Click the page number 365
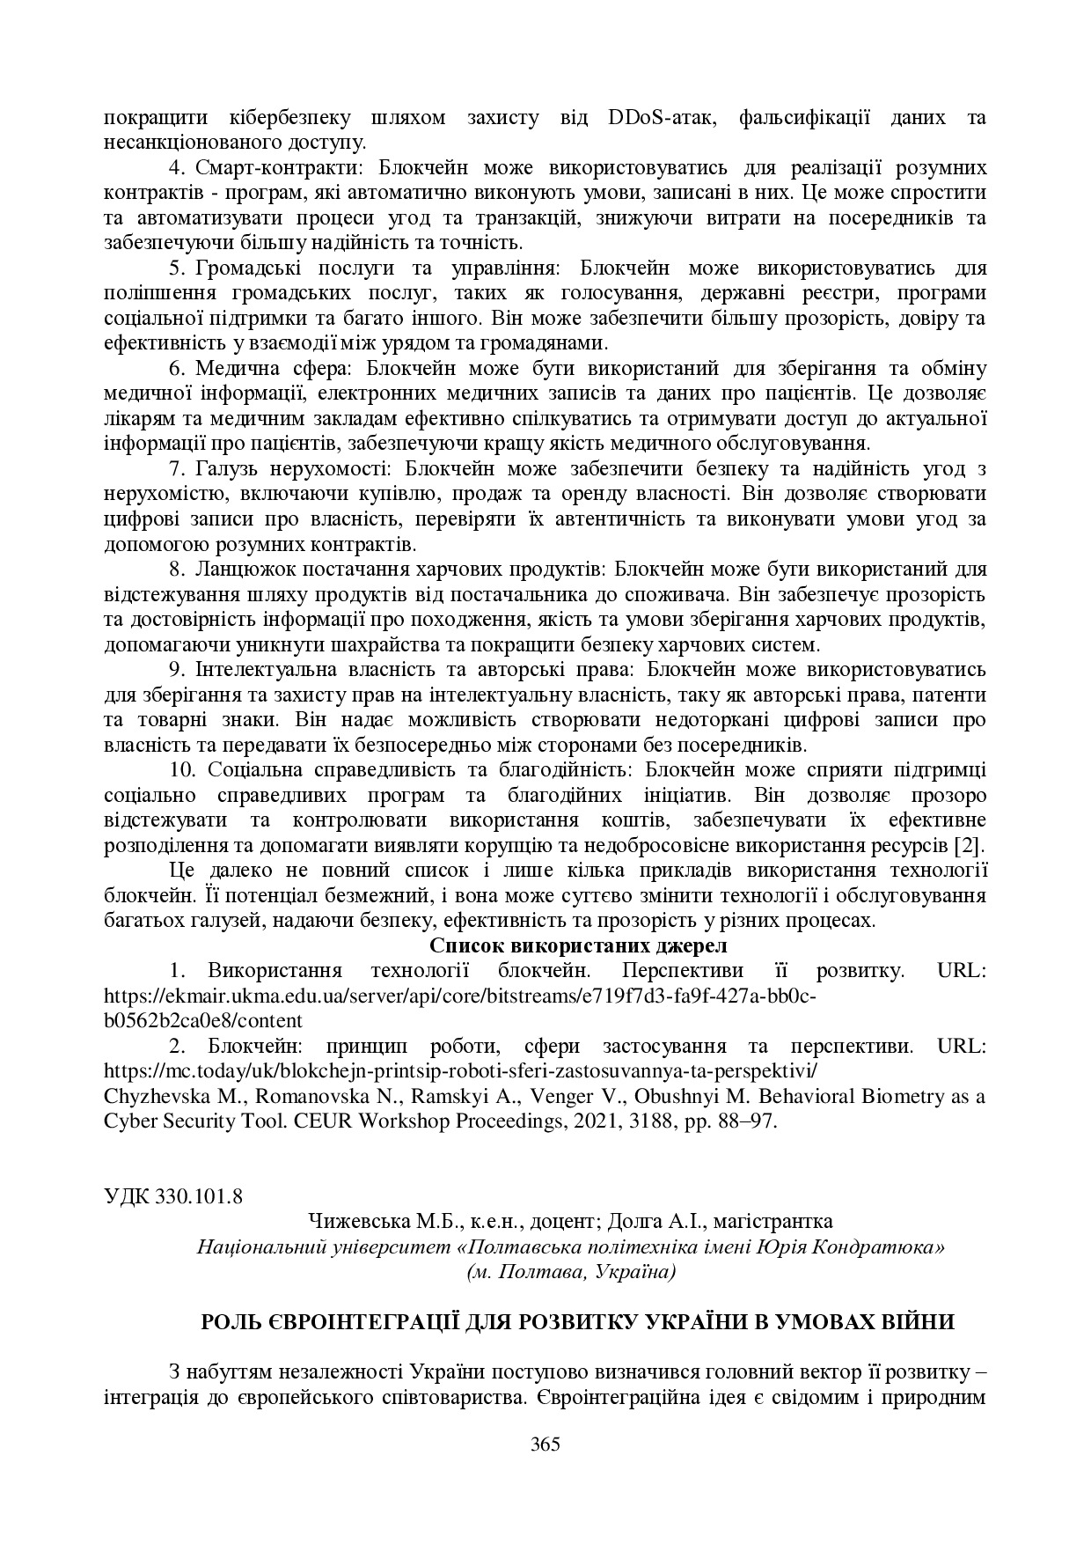545,1444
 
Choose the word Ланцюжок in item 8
235,569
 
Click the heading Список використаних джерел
579,946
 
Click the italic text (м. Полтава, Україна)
571,1271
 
